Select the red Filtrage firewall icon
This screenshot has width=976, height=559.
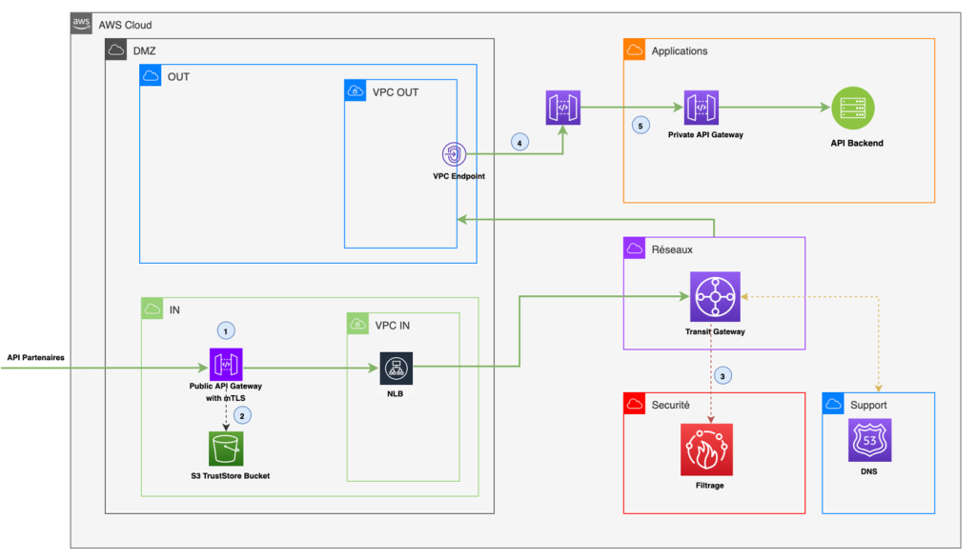tap(706, 450)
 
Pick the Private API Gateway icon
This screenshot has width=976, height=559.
tap(701, 108)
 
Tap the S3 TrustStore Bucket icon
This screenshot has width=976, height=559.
tap(227, 448)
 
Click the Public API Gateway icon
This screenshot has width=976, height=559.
tap(226, 364)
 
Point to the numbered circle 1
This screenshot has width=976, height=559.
tap(226, 330)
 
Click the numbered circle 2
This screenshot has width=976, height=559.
tap(242, 415)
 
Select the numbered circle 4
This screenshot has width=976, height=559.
tap(518, 142)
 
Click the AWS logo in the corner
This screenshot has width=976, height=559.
tap(83, 24)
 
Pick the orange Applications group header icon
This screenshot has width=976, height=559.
tap(635, 50)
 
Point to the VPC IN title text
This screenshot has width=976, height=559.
tap(393, 324)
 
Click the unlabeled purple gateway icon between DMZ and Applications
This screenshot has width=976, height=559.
tap(562, 108)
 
